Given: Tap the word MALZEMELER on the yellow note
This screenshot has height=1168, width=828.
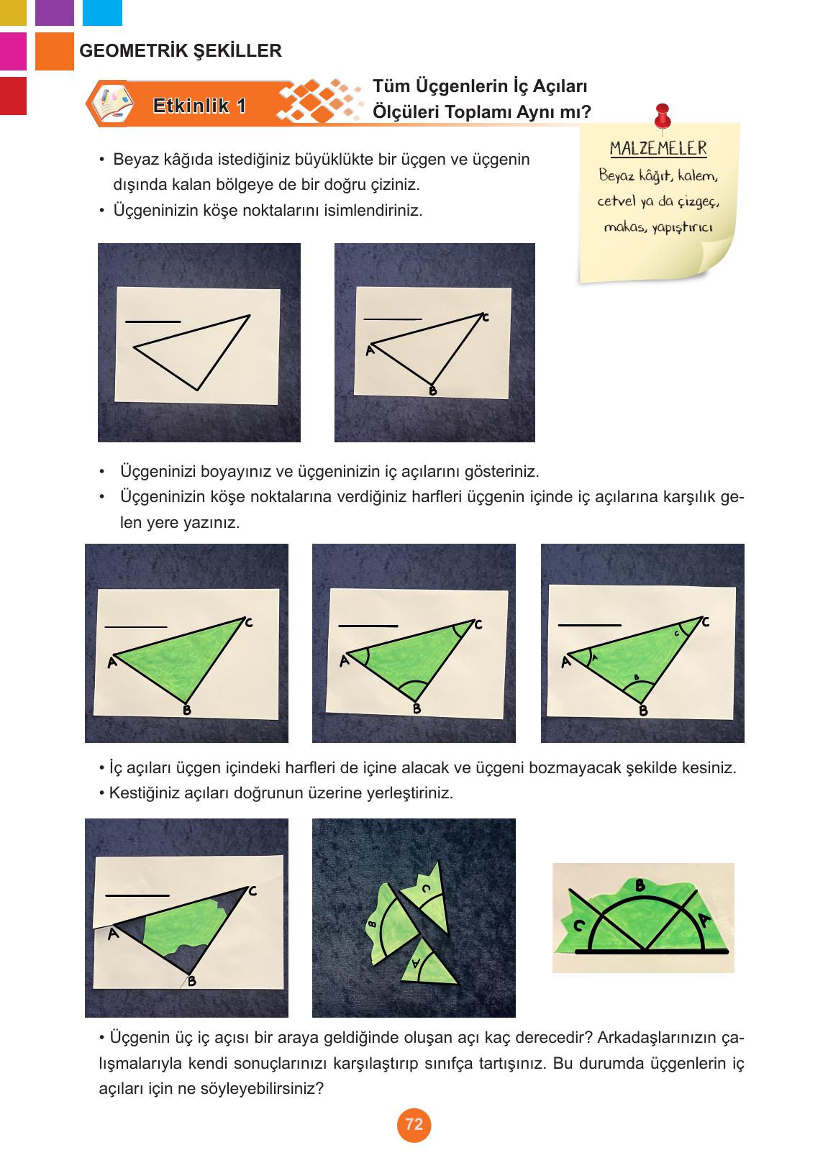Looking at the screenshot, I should pos(658,149).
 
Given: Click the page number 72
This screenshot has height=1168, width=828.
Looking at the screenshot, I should pos(414,1125).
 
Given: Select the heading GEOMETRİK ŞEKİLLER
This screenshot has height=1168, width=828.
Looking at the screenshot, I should pos(181,51).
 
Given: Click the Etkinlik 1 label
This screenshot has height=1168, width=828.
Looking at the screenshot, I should pos(199,106).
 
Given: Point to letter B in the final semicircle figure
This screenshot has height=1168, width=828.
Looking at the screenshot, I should pos(639,885).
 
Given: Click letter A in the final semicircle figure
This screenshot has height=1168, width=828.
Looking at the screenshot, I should pos(704,920).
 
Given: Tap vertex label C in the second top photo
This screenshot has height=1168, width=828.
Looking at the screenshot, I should pos(486,317).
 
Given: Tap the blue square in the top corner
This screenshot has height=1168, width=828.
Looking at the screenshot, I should pos(102,12).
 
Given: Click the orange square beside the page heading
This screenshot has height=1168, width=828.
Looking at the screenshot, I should pos(54,51).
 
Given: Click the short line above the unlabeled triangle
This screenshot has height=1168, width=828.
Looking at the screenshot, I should pos(153,321).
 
